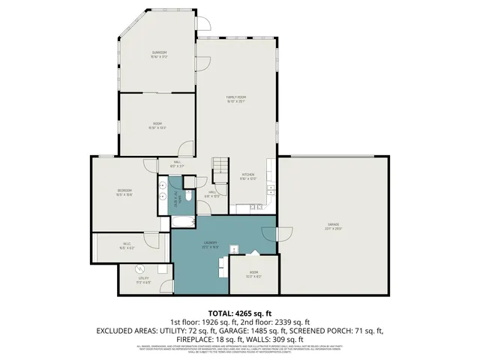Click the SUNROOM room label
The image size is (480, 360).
pyautogui.click(x=157, y=52)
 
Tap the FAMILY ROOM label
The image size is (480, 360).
pyautogui.click(x=237, y=97)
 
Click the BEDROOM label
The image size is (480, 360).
pyautogui.click(x=124, y=191)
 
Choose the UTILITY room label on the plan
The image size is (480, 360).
pyautogui.click(x=143, y=278)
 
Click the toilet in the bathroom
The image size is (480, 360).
pyautogui.click(x=187, y=196)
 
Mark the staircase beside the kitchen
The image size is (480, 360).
pyautogui.click(x=220, y=170)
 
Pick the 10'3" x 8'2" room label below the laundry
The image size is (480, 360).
pyautogui.click(x=253, y=274)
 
